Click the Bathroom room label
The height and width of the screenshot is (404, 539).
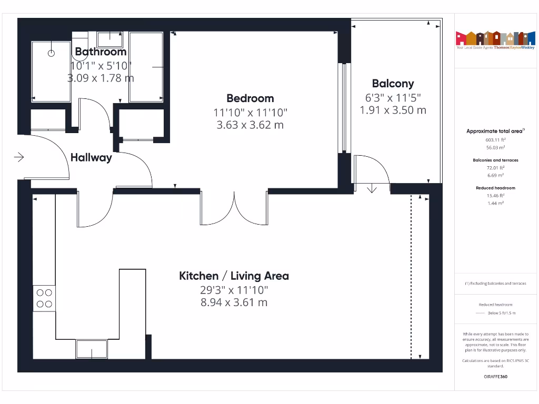tap(101, 52)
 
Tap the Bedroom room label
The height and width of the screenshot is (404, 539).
tap(250, 98)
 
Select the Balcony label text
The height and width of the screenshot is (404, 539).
tap(393, 84)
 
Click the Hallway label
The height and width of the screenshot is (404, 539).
tap(91, 157)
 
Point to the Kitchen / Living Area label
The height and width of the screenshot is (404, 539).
tap(234, 276)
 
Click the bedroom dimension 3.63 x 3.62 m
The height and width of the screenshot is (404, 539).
tap(250, 125)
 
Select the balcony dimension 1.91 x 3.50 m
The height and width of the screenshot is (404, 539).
tap(393, 110)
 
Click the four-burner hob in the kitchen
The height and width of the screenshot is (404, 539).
tap(44, 298)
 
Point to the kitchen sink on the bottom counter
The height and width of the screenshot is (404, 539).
tap(92, 349)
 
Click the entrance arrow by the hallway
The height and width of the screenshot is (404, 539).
tap(19, 157)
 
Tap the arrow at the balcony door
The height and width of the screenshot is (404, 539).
tap(372, 188)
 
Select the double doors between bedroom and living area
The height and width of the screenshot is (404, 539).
tap(234, 208)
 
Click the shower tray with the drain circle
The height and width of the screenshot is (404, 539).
tap(52, 72)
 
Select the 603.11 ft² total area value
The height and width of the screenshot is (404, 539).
tap(495, 140)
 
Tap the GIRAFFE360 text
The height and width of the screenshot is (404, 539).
tap(495, 377)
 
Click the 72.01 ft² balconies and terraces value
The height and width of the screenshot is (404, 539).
tap(495, 168)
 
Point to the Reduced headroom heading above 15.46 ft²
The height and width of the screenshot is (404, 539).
tap(495, 188)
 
